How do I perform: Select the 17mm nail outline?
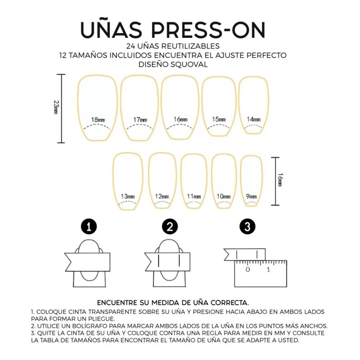pyautogui.click(x=139, y=108)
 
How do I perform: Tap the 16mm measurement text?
pyautogui.click(x=180, y=119)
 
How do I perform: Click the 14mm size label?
pyautogui.click(x=254, y=119)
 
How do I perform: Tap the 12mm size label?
pyautogui.click(x=162, y=196)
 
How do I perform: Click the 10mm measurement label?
pyautogui.click(x=224, y=196)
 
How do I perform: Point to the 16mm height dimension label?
pyautogui.click(x=279, y=180)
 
